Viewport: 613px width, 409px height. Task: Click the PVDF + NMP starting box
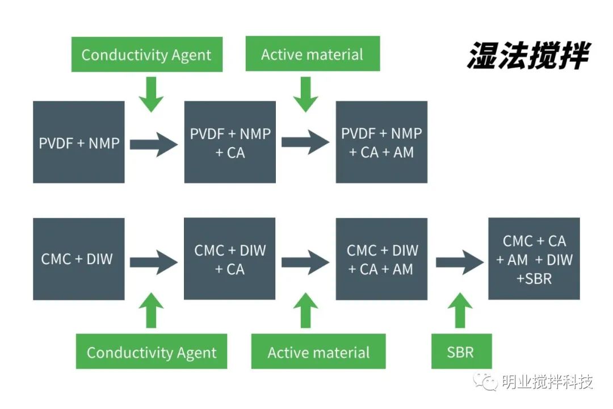79,143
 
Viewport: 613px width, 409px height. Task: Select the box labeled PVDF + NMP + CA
230,143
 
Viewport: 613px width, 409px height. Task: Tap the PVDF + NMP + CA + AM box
381,143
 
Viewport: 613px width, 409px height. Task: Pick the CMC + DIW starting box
79,259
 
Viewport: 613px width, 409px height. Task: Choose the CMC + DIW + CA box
230,259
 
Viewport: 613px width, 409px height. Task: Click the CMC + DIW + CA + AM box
381,259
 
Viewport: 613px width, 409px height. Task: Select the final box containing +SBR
534,259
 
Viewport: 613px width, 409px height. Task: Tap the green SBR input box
460,352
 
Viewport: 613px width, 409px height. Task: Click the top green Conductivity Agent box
146,55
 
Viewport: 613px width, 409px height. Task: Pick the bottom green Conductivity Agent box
152,352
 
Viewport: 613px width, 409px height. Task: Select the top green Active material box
312,54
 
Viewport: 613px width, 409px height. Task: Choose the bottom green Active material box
318,352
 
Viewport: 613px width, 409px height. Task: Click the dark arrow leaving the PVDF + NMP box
154,144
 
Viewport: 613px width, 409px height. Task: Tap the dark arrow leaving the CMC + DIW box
154,262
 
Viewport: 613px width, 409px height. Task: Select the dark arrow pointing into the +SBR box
459,262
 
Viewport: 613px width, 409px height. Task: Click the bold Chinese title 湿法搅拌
528,56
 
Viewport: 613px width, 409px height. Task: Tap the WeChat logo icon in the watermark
486,380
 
